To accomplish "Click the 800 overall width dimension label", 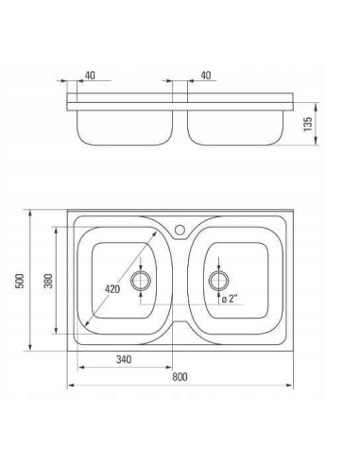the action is (x=180, y=377).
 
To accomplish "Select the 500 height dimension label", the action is (x=20, y=281).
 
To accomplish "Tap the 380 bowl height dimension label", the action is (x=48, y=281).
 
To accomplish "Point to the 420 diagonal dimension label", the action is (x=112, y=288).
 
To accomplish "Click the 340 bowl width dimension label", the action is (x=124, y=359).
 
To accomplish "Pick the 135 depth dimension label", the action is (x=307, y=124).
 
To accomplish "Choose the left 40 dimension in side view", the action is (x=90, y=76).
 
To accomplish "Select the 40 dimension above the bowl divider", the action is (x=206, y=76).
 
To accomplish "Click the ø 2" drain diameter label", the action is (x=230, y=298).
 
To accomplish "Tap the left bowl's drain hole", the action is (x=141, y=280).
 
